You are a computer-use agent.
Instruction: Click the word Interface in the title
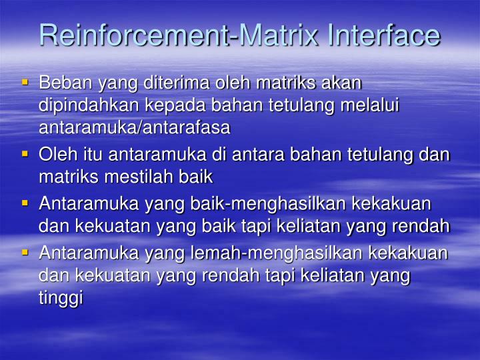pos(383,35)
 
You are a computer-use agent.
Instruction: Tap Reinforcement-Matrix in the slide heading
pos(180,35)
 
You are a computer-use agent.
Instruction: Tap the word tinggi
pos(60,297)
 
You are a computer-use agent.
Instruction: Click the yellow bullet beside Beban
pos(25,83)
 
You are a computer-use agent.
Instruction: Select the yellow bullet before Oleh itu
pos(25,154)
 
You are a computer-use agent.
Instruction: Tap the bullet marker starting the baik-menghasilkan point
pos(25,202)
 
